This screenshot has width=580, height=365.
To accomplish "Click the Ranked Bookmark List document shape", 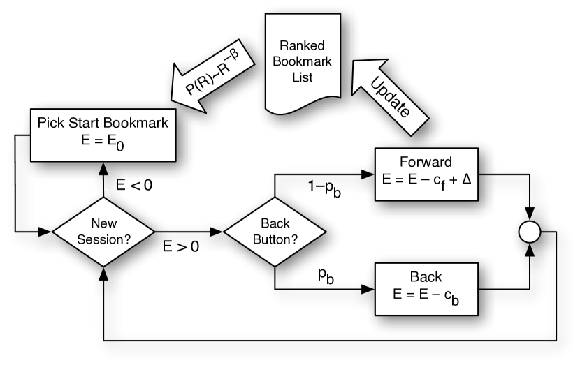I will click(x=302, y=63).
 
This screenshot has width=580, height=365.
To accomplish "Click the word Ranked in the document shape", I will click(x=302, y=46).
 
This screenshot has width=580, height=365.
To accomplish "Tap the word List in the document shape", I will click(x=302, y=77).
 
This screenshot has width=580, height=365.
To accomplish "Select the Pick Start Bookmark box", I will click(x=103, y=135).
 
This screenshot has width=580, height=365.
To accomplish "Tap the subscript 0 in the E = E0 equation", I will click(x=120, y=147).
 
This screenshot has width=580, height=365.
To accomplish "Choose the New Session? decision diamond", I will click(x=103, y=231).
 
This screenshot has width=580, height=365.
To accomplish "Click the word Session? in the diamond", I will click(x=103, y=238).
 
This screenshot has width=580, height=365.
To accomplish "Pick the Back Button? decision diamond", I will click(x=275, y=231).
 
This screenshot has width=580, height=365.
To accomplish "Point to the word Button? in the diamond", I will click(x=275, y=238).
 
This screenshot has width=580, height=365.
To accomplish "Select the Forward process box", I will click(x=426, y=174).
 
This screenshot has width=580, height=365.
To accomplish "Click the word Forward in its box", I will click(x=426, y=163).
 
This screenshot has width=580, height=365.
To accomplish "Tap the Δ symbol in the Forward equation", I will click(x=466, y=179).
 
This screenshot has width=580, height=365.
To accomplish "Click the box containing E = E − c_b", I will click(x=426, y=289).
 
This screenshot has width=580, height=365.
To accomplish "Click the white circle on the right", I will click(x=530, y=232).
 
